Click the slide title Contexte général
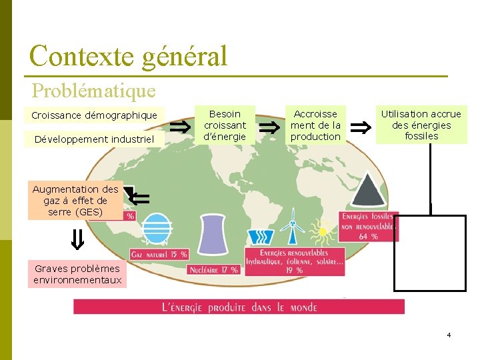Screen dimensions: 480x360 [x=129, y=56]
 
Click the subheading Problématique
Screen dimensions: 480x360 [x=93, y=89]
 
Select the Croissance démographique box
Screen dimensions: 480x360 [x=94, y=115]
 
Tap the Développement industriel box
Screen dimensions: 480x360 [x=94, y=139]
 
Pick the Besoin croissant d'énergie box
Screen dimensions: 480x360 [x=225, y=125]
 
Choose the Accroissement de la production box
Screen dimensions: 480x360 [x=315, y=125]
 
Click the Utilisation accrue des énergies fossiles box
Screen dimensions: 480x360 [x=421, y=125]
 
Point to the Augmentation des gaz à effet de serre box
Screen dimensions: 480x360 [x=75, y=200]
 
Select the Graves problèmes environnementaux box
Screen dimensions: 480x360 [x=78, y=274]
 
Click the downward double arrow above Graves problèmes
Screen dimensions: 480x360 [x=77, y=239]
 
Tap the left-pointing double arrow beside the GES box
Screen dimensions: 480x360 [x=141, y=197]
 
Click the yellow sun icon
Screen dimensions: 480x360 [x=323, y=231]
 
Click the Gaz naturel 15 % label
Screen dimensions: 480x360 [x=159, y=254]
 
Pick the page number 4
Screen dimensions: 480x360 [x=449, y=335]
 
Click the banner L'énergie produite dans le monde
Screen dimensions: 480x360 [x=239, y=307]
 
